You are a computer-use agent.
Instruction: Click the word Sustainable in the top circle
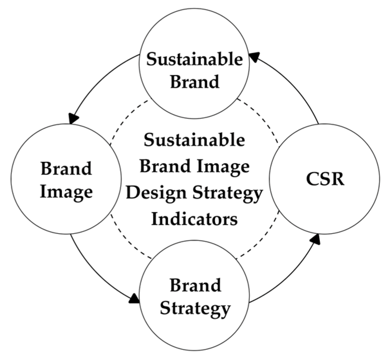[x=194, y=60]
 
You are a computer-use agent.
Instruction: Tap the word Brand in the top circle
[x=194, y=81]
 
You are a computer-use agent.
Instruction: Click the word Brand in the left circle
[x=66, y=169]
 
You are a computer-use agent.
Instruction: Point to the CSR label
[x=325, y=179]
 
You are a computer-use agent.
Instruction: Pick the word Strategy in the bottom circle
[x=195, y=308]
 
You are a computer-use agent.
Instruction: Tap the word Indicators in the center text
[x=194, y=219]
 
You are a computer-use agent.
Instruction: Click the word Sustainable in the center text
[x=194, y=140]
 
